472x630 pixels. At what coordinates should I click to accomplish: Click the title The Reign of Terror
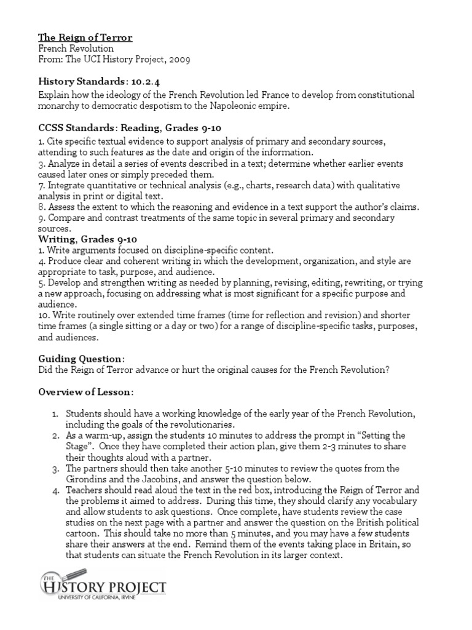click(x=85, y=38)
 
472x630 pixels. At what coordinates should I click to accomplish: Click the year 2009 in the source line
click(x=178, y=60)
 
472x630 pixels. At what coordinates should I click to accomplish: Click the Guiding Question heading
click(x=81, y=358)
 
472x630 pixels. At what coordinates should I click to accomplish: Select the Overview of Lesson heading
click(x=85, y=391)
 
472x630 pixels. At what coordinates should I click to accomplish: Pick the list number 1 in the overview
click(x=55, y=412)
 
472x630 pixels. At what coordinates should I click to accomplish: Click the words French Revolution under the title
click(x=76, y=49)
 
